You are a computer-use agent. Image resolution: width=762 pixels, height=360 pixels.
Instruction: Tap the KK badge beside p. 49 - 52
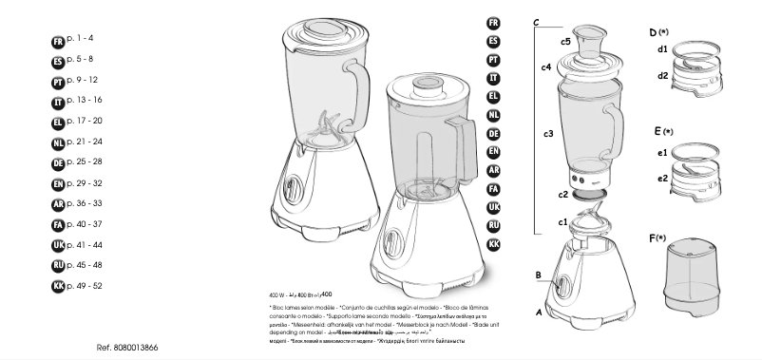pos(57,286)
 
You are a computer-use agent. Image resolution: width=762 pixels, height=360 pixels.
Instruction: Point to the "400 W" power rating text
pos(277,295)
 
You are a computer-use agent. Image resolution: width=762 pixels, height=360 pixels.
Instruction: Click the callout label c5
pos(565,42)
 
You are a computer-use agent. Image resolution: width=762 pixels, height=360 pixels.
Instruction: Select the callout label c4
pos(546,67)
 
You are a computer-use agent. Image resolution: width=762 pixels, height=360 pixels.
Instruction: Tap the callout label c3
pos(548,134)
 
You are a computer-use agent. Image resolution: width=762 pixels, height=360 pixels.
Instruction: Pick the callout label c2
pos(563,194)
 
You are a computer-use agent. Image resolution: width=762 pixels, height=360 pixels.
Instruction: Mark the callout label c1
pos(562,222)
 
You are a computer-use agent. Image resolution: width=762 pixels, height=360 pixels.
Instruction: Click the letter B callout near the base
pos(538,275)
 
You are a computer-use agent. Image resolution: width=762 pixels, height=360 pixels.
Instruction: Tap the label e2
pos(661,178)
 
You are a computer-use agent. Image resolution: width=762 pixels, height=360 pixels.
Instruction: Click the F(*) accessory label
pos(658,237)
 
